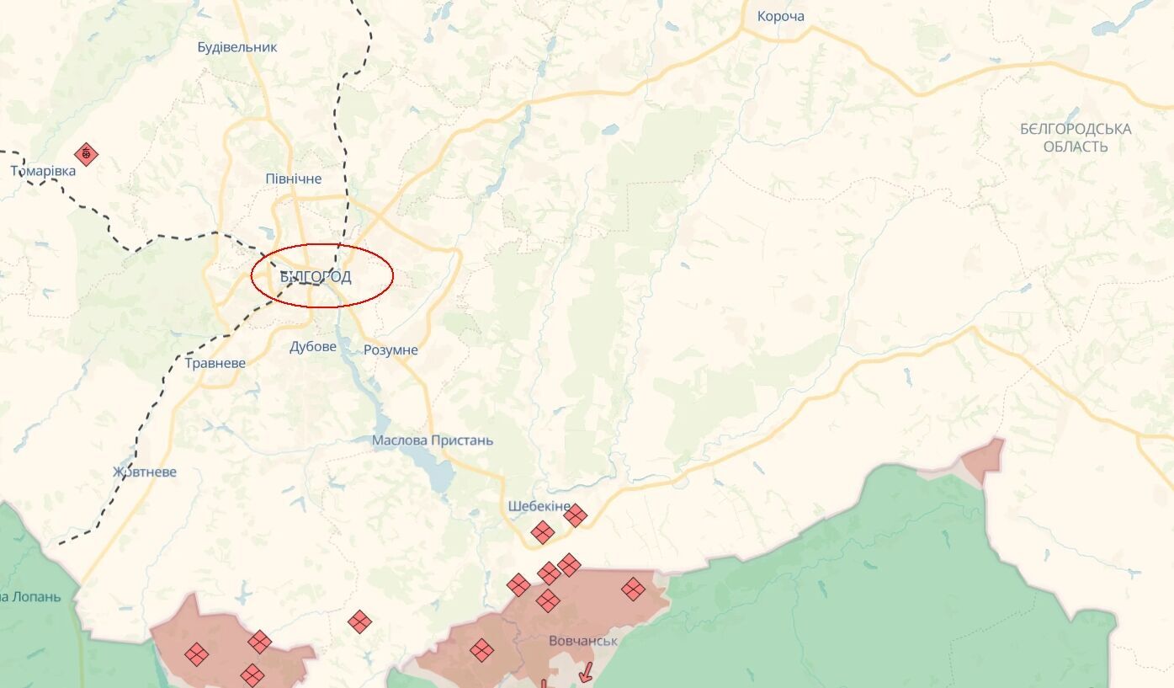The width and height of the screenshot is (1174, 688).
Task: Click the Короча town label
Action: coord(780,16)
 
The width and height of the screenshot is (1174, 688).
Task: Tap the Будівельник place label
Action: coord(236,47)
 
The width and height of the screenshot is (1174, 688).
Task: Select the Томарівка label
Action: coord(43,171)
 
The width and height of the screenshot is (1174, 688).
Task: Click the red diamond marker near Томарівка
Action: coord(86,154)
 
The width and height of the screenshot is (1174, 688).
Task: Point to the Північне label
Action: coord(293,179)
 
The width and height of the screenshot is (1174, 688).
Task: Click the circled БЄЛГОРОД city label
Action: coord(316,276)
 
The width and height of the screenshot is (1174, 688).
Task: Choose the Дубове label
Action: coord(312,346)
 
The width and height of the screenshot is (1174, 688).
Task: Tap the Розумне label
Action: coord(390,350)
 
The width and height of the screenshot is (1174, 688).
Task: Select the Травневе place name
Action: coord(215,363)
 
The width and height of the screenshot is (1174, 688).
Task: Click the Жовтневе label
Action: coord(145,472)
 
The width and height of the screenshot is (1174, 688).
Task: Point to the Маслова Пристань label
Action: coord(433,440)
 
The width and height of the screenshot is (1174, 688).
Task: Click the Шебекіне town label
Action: coord(539,506)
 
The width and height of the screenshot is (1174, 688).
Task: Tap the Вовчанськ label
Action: coord(582,641)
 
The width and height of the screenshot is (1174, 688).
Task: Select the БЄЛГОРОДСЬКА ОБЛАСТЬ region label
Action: coord(1075,137)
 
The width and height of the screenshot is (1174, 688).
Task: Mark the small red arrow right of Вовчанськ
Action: coord(586,671)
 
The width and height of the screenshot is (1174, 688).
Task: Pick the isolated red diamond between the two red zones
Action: coord(359,621)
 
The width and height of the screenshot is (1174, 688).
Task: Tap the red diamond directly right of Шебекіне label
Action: coord(575,515)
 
